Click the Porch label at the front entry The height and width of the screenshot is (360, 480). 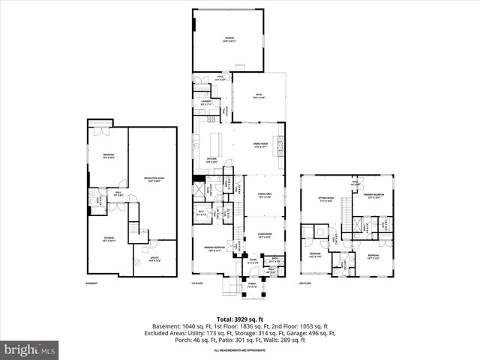pos(241,285)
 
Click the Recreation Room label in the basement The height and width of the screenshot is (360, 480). pos(154,179)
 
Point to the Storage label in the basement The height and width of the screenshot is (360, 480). pos(109,239)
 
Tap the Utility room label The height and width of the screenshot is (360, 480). pos(154,259)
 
